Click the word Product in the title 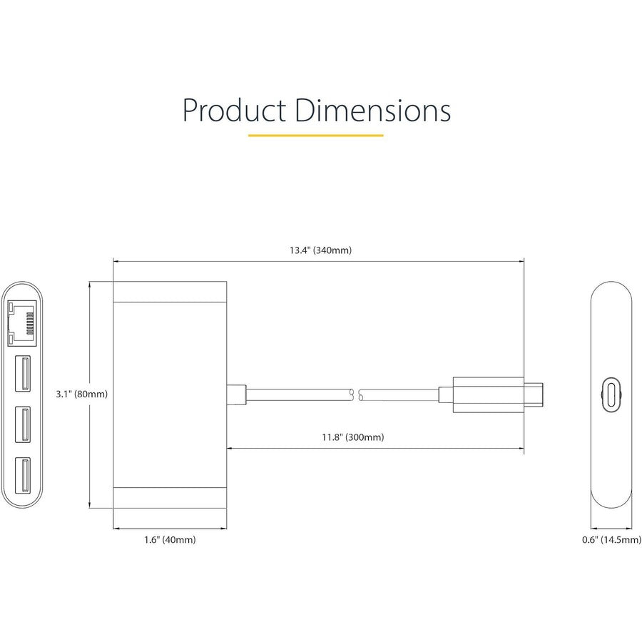coord(233,111)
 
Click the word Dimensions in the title coord(373,111)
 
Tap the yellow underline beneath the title coord(315,135)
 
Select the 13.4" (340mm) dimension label coord(320,250)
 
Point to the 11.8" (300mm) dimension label coord(352,437)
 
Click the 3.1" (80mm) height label coord(82,394)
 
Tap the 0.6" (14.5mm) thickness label coord(611,540)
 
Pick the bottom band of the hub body coord(170,496)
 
